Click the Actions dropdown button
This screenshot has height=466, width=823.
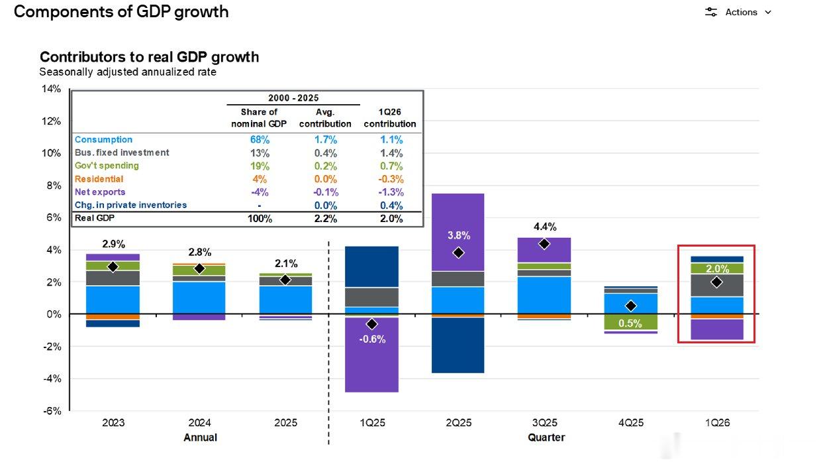click(x=738, y=12)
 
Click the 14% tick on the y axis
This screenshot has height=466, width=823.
click(x=52, y=89)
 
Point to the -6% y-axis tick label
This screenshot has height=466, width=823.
click(x=52, y=411)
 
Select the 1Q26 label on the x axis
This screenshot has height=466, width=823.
click(x=717, y=423)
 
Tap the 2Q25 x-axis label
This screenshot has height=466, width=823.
click(x=458, y=423)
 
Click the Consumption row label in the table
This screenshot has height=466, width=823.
click(x=103, y=139)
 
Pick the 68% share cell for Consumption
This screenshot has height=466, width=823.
click(x=260, y=140)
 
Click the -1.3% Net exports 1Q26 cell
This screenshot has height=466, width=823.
click(x=391, y=192)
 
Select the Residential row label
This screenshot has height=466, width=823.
click(x=99, y=179)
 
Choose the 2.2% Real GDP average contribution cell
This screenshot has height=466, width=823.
click(x=326, y=219)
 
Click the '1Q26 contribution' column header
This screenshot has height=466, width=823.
click(x=390, y=118)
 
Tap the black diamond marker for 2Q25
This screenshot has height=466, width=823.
click(x=458, y=253)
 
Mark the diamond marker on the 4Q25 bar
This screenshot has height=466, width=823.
click(x=631, y=306)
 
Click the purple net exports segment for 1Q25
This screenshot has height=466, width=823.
click(x=372, y=355)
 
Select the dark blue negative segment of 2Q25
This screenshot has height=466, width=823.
click(x=458, y=345)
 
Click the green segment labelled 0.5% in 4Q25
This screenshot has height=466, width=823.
click(x=631, y=322)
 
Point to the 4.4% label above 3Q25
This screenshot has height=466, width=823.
click(x=545, y=227)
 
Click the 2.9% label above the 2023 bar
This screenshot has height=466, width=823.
click(x=113, y=244)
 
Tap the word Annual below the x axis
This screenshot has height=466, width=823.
click(x=200, y=437)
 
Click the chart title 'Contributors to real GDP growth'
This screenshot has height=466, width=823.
click(x=149, y=57)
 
